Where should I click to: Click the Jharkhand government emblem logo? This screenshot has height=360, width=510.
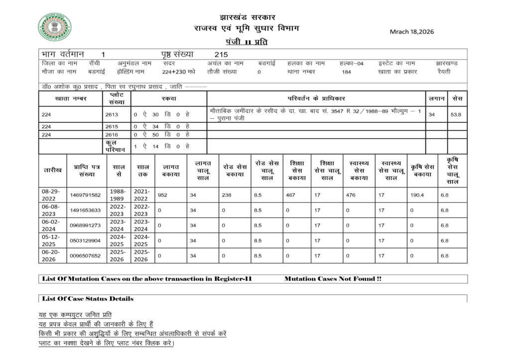coord(55,27)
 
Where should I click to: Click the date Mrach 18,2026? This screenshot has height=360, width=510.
coord(411,31)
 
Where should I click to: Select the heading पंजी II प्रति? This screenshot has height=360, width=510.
coord(246,42)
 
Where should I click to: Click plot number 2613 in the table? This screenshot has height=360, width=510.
coord(112,114)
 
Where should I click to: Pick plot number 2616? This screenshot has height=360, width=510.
coord(112,134)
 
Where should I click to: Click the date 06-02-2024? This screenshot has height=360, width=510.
coord(52,225)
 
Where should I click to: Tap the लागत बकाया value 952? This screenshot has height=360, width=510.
coord(162,195)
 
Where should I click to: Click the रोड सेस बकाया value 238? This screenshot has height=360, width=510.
coord(226,195)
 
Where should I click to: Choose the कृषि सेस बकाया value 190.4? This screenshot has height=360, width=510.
coord(416,195)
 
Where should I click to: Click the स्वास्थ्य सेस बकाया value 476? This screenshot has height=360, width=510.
coord(351,195)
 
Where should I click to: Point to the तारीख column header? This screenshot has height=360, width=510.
coord(52,170)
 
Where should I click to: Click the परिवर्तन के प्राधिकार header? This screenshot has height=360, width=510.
coord(316,98)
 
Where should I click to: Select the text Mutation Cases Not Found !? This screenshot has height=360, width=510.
coord(333,279)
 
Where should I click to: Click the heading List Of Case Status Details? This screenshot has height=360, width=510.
coord(88,299)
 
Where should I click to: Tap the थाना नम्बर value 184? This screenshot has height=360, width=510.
coord(347,72)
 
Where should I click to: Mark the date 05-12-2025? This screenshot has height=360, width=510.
coord(52,241)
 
